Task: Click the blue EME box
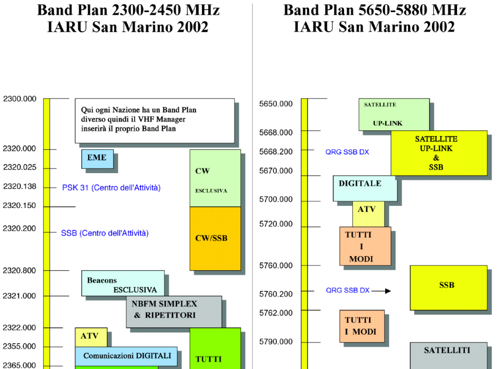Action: [97, 158]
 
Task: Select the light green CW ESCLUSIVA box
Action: [215, 178]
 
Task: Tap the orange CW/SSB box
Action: [215, 239]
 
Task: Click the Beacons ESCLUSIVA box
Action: [123, 283]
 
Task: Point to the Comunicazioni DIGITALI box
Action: [126, 356]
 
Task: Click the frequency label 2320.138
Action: [20, 186]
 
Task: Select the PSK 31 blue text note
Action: [111, 187]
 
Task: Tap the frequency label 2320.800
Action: [20, 271]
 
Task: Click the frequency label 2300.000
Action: [20, 99]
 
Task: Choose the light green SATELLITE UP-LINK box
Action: [394, 114]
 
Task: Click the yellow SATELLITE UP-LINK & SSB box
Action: [439, 153]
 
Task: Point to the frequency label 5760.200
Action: [276, 294]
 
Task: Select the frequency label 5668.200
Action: [276, 152]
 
